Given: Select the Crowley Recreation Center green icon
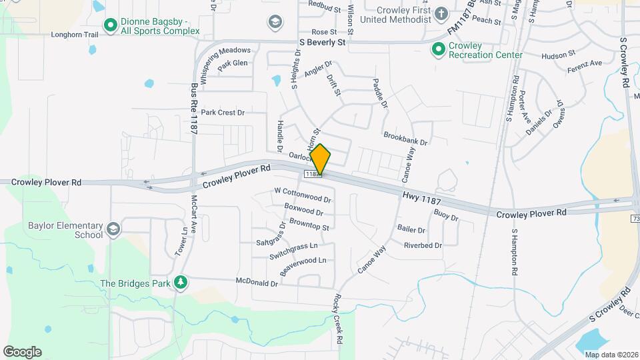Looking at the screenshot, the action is (x=438, y=49).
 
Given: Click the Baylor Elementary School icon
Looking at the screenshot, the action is (x=113, y=230).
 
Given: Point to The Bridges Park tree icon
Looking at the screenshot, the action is (x=180, y=283).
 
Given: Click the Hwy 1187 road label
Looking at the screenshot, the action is (x=422, y=197).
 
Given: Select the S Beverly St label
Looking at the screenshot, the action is (x=322, y=42).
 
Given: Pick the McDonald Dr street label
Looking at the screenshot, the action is (x=257, y=283).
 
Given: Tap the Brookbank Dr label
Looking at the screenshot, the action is (x=405, y=138).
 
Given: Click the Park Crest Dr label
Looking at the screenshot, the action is (x=223, y=113).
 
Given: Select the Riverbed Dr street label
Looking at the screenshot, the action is (x=423, y=245).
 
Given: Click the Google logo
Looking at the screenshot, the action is (x=22, y=351).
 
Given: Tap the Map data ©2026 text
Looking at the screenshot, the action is (x=611, y=354).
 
